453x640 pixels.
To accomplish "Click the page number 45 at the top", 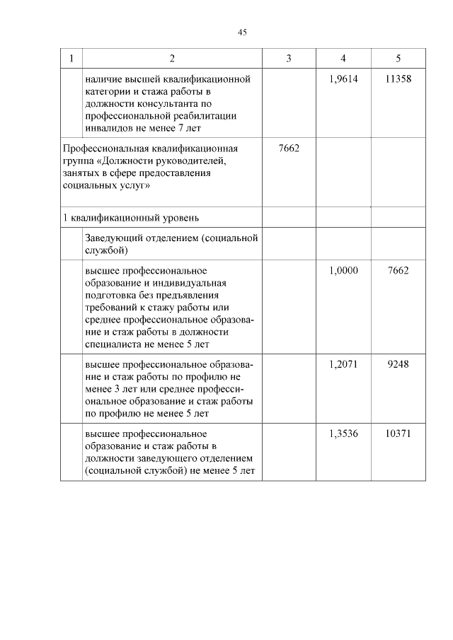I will tap(242, 33).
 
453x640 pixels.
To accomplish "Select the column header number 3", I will tap(289, 58).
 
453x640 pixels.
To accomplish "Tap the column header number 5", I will tap(398, 58).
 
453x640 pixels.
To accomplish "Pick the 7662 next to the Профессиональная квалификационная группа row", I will tap(289, 149).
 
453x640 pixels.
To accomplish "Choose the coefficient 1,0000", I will tap(343, 271).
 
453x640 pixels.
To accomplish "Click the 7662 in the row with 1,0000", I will tap(398, 271).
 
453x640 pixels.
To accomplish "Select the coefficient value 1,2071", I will tap(343, 365).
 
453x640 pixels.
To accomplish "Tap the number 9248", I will tap(398, 365).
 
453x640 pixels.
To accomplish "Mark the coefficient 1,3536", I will tap(343, 434).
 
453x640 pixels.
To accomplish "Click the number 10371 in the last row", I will tap(398, 434).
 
